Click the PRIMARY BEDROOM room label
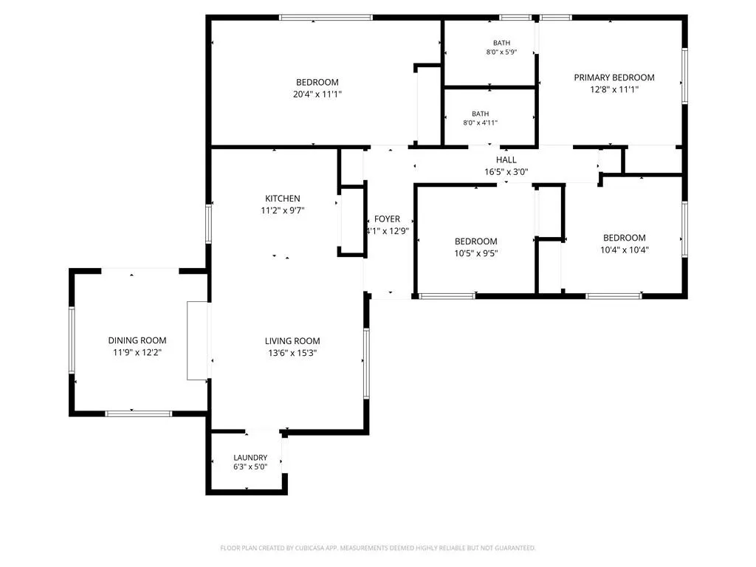pyautogui.click(x=614, y=77)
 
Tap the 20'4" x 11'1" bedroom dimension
pyautogui.click(x=317, y=94)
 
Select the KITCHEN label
pyautogui.click(x=283, y=198)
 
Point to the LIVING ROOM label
pyautogui.click(x=292, y=341)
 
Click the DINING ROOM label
pyautogui.click(x=137, y=340)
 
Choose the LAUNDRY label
pyautogui.click(x=250, y=458)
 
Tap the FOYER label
pyautogui.click(x=387, y=219)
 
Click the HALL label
pyautogui.click(x=506, y=159)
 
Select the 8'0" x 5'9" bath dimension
pyautogui.click(x=501, y=52)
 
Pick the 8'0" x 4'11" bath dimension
pyautogui.click(x=480, y=123)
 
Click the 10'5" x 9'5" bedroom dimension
pyautogui.click(x=476, y=253)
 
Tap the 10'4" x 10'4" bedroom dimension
pyautogui.click(x=625, y=250)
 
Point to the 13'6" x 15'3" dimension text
pyautogui.click(x=292, y=353)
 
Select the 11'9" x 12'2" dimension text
pyautogui.click(x=137, y=352)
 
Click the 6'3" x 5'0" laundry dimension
pyautogui.click(x=250, y=467)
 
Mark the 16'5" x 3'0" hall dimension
pyautogui.click(x=506, y=171)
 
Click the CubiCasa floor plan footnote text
pyautogui.click(x=378, y=548)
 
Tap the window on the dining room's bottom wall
pyautogui.click(x=138, y=413)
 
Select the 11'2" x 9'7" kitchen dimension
pyautogui.click(x=283, y=210)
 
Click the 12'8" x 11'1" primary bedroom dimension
pyautogui.click(x=614, y=89)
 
